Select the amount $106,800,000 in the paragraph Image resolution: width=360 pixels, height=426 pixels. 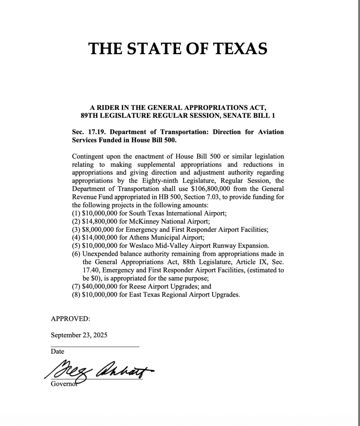point(211,188)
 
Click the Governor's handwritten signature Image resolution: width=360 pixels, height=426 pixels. point(98,369)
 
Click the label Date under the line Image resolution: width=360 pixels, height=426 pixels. point(57,352)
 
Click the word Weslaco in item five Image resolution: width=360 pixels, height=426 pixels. point(140,245)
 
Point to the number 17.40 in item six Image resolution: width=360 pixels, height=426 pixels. point(91,270)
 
